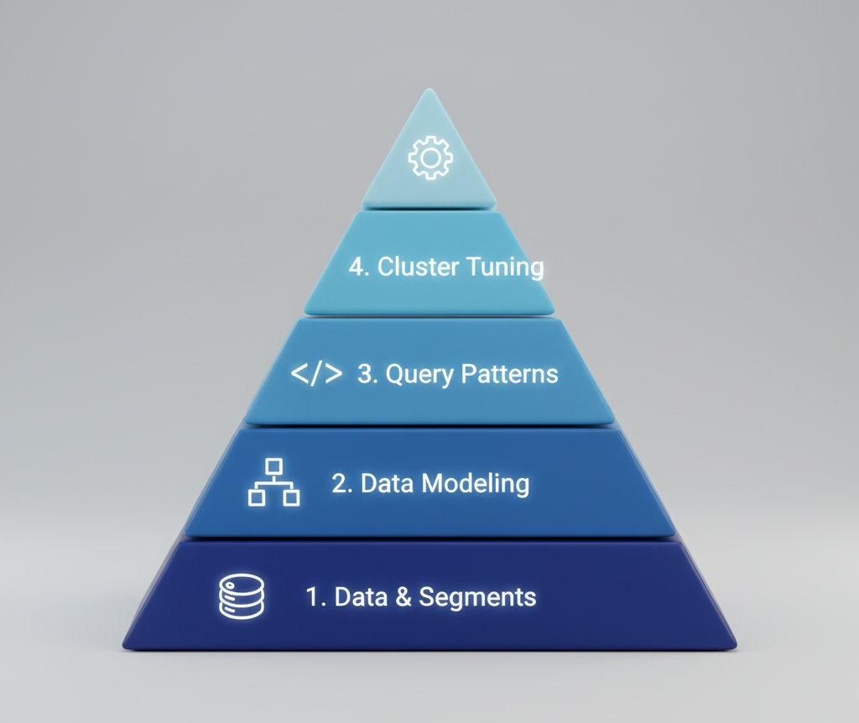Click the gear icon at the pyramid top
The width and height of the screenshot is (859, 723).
pyautogui.click(x=429, y=158)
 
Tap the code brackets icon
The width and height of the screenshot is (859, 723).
pyautogui.click(x=316, y=374)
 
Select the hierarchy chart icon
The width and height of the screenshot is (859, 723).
pyautogui.click(x=274, y=483)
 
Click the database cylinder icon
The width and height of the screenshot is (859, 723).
pyautogui.click(x=242, y=597)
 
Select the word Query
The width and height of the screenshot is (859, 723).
pyautogui.click(x=410, y=374)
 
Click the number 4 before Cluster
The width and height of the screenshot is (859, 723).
pyautogui.click(x=357, y=268)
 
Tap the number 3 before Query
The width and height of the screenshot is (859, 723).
pyautogui.click(x=367, y=374)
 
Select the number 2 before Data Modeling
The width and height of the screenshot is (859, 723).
pyautogui.click(x=341, y=484)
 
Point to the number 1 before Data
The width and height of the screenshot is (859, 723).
pyautogui.click(x=314, y=597)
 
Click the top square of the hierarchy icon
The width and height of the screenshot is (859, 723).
pyautogui.click(x=274, y=467)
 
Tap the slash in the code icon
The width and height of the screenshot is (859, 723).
pyautogui.click(x=316, y=374)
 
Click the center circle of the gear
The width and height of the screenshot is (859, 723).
pyautogui.click(x=429, y=158)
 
